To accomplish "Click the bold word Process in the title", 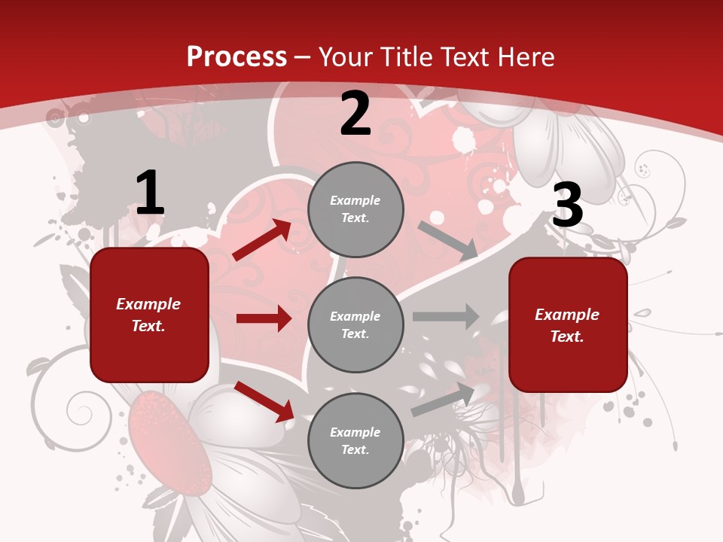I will pyautogui.click(x=236, y=56).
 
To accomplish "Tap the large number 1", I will pyautogui.click(x=150, y=193).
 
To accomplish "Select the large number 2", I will pyautogui.click(x=355, y=114).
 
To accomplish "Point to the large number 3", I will pyautogui.click(x=567, y=206).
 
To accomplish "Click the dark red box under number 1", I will pyautogui.click(x=149, y=315).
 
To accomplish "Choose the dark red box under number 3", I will pyautogui.click(x=568, y=324).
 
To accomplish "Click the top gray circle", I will pyautogui.click(x=355, y=209).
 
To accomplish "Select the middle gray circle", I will pyautogui.click(x=355, y=324).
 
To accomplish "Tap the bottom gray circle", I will pyautogui.click(x=355, y=440).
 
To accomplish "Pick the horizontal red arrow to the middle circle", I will pyautogui.click(x=264, y=318).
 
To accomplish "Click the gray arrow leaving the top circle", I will pyautogui.click(x=447, y=241).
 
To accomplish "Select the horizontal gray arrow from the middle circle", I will pyautogui.click(x=446, y=316).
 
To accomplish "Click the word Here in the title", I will pyautogui.click(x=525, y=56).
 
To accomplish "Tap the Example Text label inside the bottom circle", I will pyautogui.click(x=355, y=440).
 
